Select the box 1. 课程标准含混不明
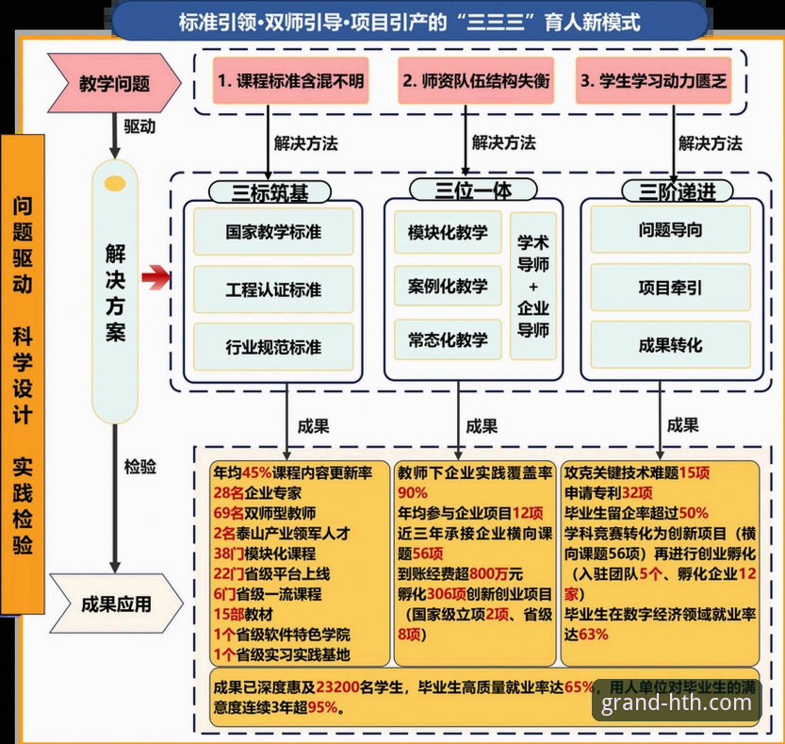coord(290,80)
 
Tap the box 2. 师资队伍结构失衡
coord(476,80)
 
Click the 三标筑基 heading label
coord(270,191)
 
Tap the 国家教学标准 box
coord(273,231)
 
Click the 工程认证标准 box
coord(273,289)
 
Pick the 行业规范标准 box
coord(273,347)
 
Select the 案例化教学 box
coord(448,286)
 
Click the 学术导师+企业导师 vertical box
coord(532,286)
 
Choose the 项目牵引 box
coord(670,288)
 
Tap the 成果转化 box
coord(670,345)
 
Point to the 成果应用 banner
coord(115,603)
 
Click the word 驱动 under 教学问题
coord(140,124)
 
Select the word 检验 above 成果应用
coord(140,466)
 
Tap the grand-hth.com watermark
coord(677,702)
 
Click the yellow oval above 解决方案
coord(116,181)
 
